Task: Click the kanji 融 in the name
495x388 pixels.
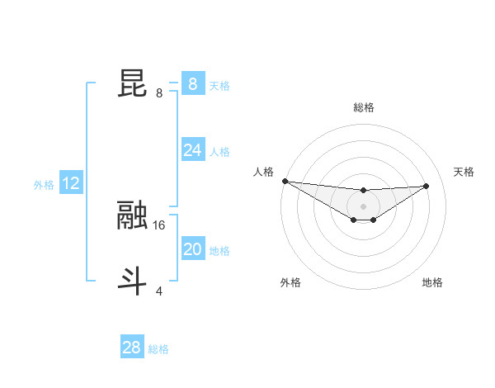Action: pyautogui.click(x=134, y=215)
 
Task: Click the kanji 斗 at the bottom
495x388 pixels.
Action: pyautogui.click(x=134, y=281)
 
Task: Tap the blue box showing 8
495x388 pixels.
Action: pyautogui.click(x=192, y=84)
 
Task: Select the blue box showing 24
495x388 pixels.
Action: pyautogui.click(x=192, y=150)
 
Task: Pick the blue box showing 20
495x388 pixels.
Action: pyautogui.click(x=192, y=249)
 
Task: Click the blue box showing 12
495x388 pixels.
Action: pyautogui.click(x=71, y=183)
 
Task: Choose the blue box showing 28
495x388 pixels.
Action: pyautogui.click(x=131, y=348)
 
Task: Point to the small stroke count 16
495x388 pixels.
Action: pyautogui.click(x=160, y=225)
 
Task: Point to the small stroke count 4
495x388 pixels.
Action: pyautogui.click(x=159, y=291)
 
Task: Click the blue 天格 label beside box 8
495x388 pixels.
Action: pyautogui.click(x=219, y=85)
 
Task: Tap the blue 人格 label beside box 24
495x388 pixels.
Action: pyautogui.click(x=219, y=152)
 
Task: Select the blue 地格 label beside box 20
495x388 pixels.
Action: pyautogui.click(x=219, y=251)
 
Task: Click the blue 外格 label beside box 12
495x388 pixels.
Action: pyautogui.click(x=44, y=185)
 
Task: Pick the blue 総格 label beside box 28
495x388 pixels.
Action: pyautogui.click(x=158, y=349)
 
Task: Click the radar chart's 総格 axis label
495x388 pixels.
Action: pyautogui.click(x=363, y=107)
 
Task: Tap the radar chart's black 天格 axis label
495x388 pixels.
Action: pyautogui.click(x=464, y=172)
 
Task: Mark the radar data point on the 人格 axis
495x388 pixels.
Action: pyautogui.click(x=285, y=181)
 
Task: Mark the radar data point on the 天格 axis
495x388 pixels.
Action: pyautogui.click(x=427, y=186)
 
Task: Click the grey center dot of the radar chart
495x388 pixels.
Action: pyautogui.click(x=363, y=206)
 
